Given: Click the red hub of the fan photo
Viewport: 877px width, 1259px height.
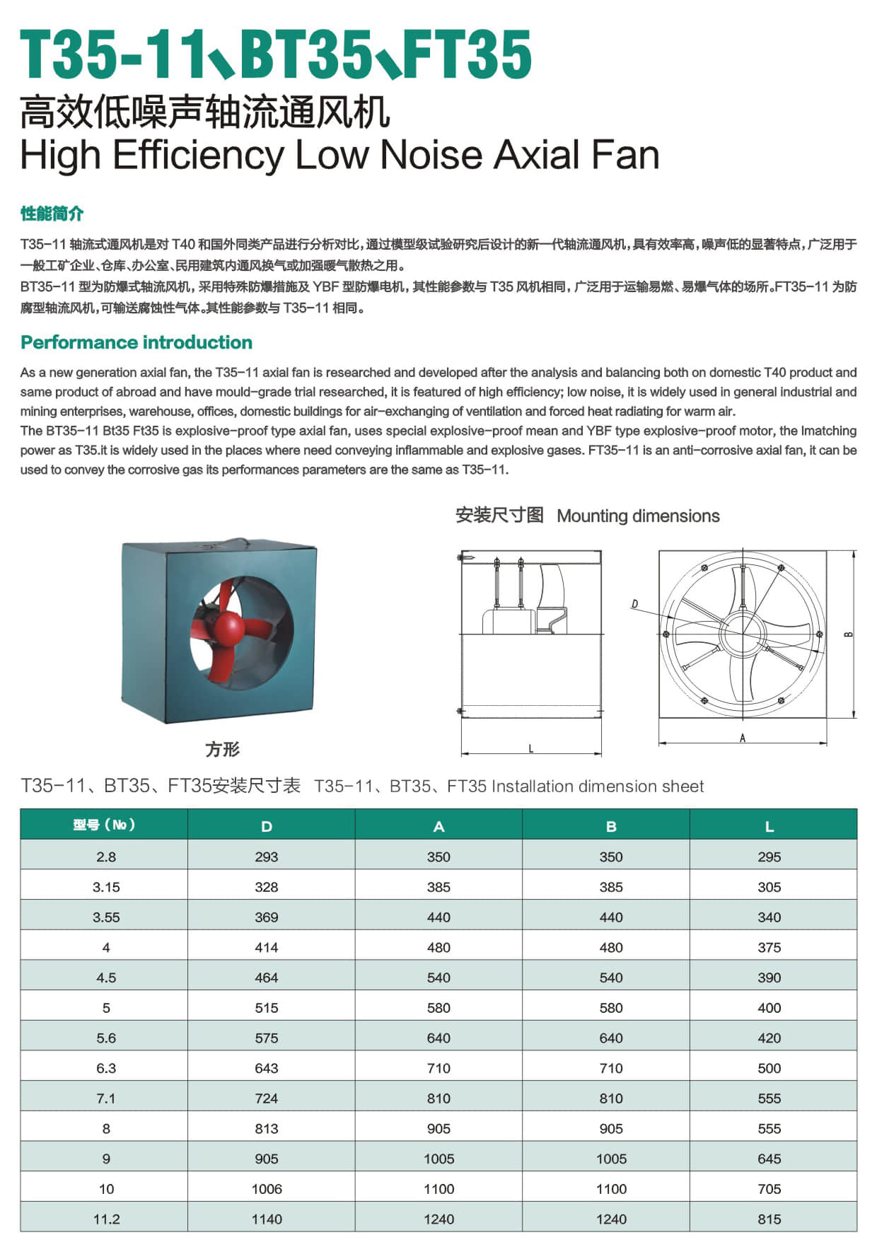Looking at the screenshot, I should [x=228, y=627].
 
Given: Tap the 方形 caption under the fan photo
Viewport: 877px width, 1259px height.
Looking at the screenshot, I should [x=222, y=749].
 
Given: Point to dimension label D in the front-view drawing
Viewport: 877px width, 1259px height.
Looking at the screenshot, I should [x=634, y=603].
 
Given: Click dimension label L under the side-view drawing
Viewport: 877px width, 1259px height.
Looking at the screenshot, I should [x=531, y=748].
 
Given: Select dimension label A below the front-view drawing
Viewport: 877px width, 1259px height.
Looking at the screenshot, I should [x=742, y=738].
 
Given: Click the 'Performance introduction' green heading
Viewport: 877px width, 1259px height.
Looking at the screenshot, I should [x=137, y=342].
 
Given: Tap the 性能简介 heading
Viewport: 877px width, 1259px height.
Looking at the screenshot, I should [x=52, y=214].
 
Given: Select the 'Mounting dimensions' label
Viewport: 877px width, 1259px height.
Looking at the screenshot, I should [x=638, y=516].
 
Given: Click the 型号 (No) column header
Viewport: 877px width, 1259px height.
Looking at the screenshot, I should [x=104, y=825].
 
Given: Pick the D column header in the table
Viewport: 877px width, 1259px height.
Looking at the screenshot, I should [x=267, y=826].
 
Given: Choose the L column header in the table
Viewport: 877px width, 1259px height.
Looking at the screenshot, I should [x=769, y=826].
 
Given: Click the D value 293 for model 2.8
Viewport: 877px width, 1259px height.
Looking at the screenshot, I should [x=267, y=857].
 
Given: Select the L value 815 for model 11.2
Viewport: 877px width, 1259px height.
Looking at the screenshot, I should [x=769, y=1219].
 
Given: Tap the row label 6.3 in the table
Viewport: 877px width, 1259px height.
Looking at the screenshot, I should [x=106, y=1068].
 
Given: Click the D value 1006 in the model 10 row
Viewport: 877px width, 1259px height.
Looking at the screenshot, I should [x=267, y=1189].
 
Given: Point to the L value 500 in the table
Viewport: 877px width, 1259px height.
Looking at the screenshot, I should [x=769, y=1068].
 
